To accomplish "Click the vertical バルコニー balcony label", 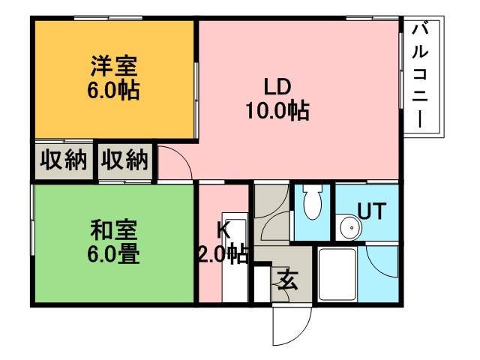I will tap(421, 76).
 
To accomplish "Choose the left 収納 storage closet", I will tap(63, 160).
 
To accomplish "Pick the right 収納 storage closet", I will tap(125, 160).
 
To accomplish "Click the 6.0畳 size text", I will tap(113, 253).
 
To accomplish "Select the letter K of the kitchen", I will tap(223, 229).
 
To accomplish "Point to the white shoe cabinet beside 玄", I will tap(262, 283).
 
